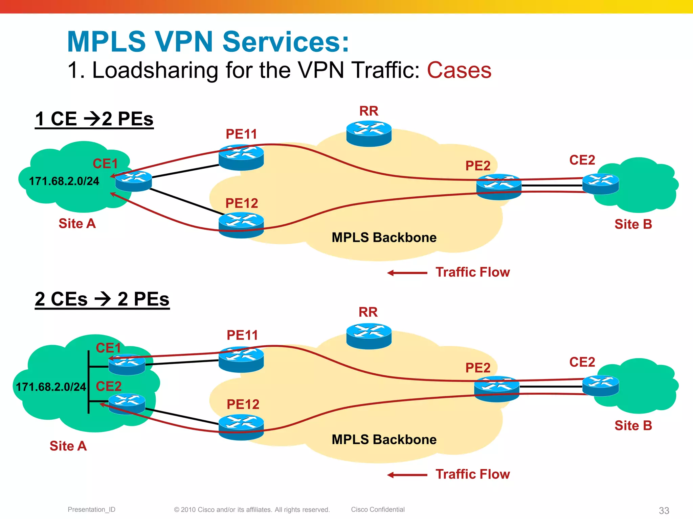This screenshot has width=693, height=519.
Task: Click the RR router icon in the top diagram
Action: pos(369,134)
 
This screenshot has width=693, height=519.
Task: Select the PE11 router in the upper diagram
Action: pos(241,157)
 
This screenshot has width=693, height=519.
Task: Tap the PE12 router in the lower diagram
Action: pos(241,427)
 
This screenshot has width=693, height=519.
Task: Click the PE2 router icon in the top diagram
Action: pos(499,187)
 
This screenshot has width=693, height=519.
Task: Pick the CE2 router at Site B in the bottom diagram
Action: pos(601,386)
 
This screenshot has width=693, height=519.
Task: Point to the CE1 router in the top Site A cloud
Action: pos(133,181)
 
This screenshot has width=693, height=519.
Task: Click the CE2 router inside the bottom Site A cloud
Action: pos(127,404)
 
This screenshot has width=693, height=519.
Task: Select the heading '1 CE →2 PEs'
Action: pos(94,119)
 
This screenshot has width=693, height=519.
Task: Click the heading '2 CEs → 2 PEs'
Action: pos(102,299)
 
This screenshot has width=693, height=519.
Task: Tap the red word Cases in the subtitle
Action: pos(459,70)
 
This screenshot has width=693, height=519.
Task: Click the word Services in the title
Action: pos(286,42)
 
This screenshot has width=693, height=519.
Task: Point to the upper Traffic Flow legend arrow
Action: pos(407,273)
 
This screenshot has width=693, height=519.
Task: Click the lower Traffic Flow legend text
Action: pos(472,474)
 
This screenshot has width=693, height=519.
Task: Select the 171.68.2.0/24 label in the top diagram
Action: pos(64,181)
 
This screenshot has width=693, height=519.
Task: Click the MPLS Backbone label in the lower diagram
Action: pos(384,439)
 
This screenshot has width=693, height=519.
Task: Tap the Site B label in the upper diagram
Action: pos(633,224)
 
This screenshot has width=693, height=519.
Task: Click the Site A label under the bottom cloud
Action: pos(68,446)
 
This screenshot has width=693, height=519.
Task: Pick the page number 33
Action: pos(664,510)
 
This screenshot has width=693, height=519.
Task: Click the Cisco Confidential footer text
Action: pos(378,509)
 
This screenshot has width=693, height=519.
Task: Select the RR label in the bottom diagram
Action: pos(368,312)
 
